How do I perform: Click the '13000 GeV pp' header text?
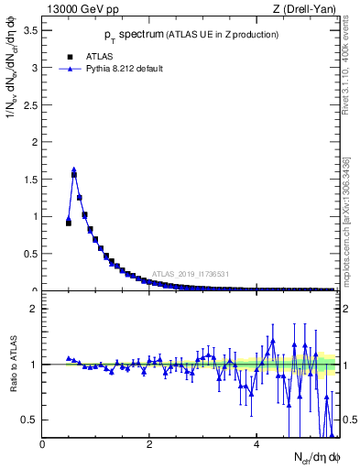click(81, 10)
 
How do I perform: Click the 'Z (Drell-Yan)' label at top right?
click(303, 10)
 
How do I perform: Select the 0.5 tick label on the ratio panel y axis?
click(29, 420)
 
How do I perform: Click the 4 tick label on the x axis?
click(256, 444)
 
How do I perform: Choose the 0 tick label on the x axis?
click(42, 444)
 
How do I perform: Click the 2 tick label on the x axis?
click(149, 444)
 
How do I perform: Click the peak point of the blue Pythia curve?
click(74, 169)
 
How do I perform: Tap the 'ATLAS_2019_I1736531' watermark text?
click(190, 274)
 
